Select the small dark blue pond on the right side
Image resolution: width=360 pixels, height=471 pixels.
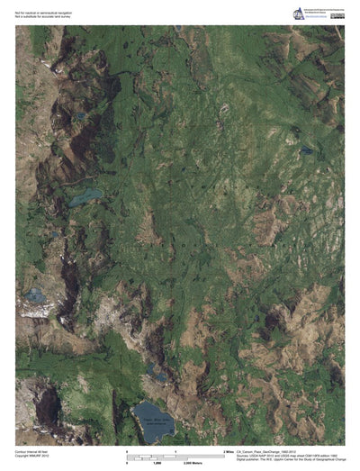(306, 149)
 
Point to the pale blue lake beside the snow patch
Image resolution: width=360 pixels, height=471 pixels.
(35, 294)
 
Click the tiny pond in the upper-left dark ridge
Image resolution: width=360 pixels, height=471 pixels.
(80, 116)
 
